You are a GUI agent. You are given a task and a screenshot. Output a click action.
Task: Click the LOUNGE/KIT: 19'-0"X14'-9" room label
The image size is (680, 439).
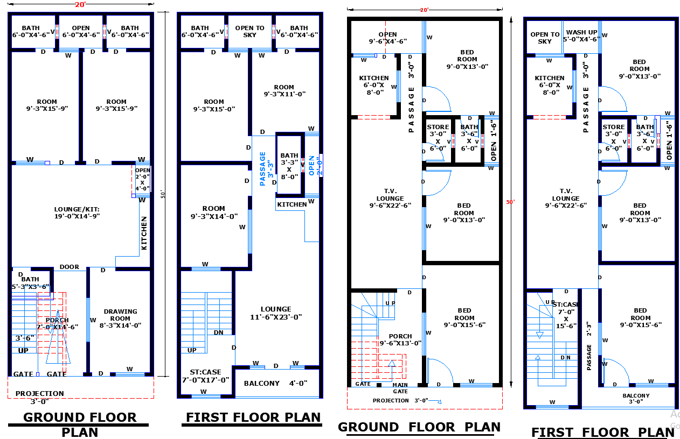click(x=77, y=213)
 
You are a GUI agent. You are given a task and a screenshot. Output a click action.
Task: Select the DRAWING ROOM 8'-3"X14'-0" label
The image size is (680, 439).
click(x=120, y=318)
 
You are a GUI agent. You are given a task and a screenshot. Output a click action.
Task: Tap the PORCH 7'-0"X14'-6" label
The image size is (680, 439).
click(x=57, y=323)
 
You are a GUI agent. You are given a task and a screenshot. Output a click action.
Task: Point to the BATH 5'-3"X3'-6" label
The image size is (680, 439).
click(x=30, y=283)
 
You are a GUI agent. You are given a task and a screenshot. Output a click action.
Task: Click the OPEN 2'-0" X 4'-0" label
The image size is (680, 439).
click(x=142, y=179)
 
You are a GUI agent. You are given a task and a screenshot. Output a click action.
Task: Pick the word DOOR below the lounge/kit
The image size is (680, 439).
click(x=70, y=267)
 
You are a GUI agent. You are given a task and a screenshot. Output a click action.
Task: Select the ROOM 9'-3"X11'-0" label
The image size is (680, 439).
click(x=284, y=90)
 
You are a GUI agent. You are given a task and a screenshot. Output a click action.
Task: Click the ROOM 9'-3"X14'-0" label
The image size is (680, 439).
click(x=214, y=213)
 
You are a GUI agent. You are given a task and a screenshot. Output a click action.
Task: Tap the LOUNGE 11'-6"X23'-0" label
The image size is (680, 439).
click(x=276, y=313)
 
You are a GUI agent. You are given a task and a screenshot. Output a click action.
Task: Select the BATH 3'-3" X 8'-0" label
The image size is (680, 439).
click(x=289, y=166)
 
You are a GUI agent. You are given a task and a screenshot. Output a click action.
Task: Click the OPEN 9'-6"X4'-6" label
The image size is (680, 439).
click(x=387, y=38)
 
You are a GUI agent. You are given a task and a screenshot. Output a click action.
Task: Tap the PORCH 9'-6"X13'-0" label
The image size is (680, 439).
click(x=400, y=339)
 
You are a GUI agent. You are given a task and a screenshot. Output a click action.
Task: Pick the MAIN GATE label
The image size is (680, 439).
click(x=400, y=388)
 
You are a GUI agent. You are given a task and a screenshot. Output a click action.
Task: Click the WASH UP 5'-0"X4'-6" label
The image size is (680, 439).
click(x=581, y=36)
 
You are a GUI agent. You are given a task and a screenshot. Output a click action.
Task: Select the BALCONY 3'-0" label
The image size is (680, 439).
click(x=636, y=399)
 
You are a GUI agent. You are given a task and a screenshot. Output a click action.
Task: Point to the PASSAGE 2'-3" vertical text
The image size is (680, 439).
click(x=589, y=342)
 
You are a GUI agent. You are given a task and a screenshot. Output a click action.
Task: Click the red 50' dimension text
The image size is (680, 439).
click(x=510, y=202)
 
